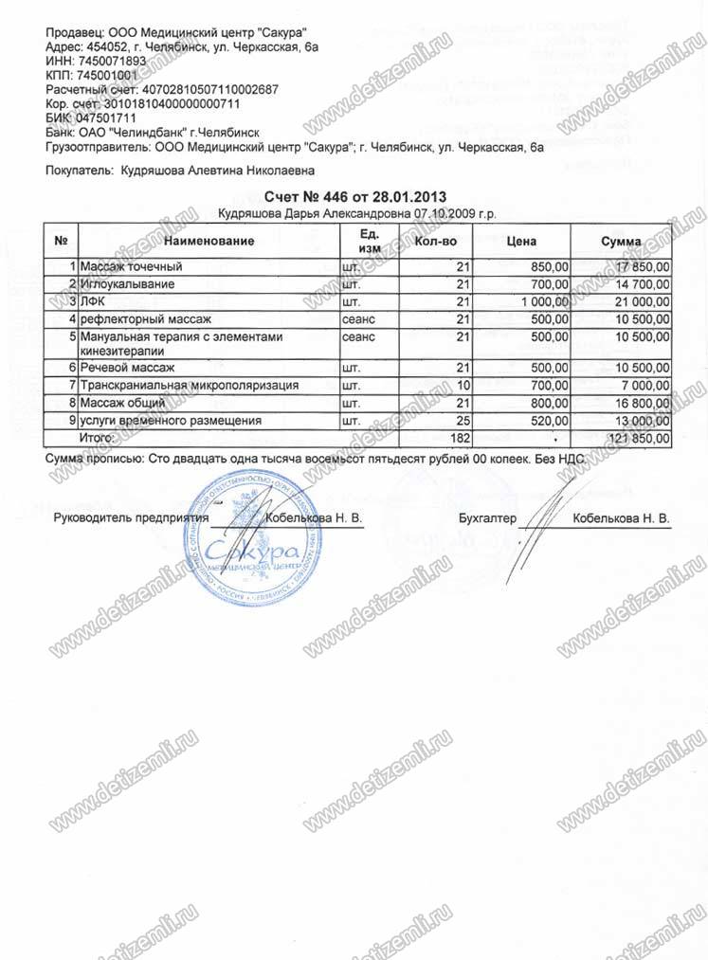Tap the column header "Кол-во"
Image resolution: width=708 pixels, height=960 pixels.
[x=436, y=241]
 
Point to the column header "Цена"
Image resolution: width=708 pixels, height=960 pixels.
[x=522, y=241]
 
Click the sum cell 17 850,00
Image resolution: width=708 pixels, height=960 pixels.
[x=639, y=267]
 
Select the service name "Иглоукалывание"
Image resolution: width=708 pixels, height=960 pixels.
[x=127, y=284]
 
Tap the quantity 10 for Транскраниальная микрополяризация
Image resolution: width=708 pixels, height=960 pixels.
[x=463, y=386]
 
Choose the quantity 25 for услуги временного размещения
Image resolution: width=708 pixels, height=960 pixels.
[x=463, y=420]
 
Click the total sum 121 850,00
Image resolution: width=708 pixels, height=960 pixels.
[x=636, y=438]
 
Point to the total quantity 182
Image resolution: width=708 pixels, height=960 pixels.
[x=459, y=438]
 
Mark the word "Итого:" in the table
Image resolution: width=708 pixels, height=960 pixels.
[x=97, y=438]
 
